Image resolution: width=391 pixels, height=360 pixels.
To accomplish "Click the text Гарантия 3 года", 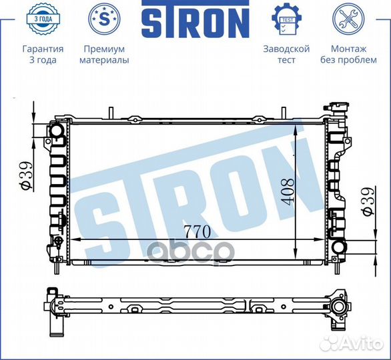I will click(x=43, y=55).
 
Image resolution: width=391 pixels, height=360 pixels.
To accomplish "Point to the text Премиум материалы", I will click(x=104, y=55).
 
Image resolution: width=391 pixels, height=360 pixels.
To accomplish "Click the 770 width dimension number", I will click(x=198, y=232).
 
